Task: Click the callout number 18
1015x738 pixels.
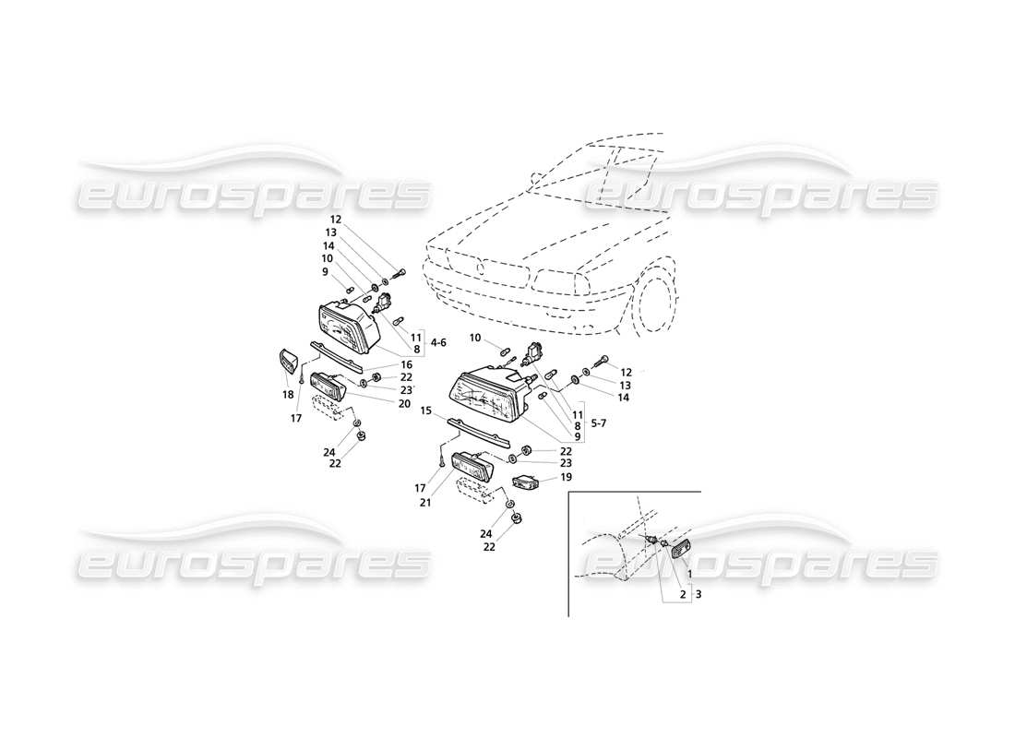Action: (288, 394)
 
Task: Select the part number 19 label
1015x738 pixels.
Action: (566, 477)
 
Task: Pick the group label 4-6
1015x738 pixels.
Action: (437, 342)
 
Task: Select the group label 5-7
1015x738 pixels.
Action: (597, 423)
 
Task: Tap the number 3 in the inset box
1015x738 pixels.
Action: (698, 595)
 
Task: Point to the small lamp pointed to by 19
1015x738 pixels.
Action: (526, 482)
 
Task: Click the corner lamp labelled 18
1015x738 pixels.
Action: (288, 363)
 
